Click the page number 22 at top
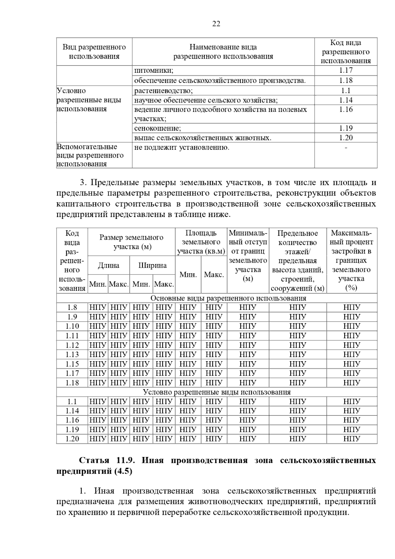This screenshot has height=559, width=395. tap(216, 24)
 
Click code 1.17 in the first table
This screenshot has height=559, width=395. tap(346, 70)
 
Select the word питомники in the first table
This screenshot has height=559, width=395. tap(153, 70)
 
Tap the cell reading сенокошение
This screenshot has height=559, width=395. tap(158, 128)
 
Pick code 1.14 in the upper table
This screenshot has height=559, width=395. tap(346, 100)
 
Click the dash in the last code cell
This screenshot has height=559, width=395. tap(346, 148)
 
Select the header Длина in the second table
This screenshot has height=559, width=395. tap(109, 265)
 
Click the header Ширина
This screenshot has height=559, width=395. tap(152, 265)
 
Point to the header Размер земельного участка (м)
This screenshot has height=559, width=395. tap(132, 242)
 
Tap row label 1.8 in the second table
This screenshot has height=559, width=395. tap(72, 307)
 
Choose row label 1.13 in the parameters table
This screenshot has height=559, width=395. tap(72, 355)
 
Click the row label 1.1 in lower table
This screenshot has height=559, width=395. tap(72, 402)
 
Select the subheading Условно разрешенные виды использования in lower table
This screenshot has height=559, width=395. tap(217, 392)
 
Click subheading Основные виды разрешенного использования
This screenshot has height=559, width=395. tap(228, 298)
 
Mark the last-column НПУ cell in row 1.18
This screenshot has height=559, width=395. tap(352, 383)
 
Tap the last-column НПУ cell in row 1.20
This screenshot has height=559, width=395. tap(352, 439)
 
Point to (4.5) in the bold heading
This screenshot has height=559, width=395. tap(123, 471)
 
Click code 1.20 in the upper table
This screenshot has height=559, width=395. tap(346, 138)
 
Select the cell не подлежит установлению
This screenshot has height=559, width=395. tap(182, 147)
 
